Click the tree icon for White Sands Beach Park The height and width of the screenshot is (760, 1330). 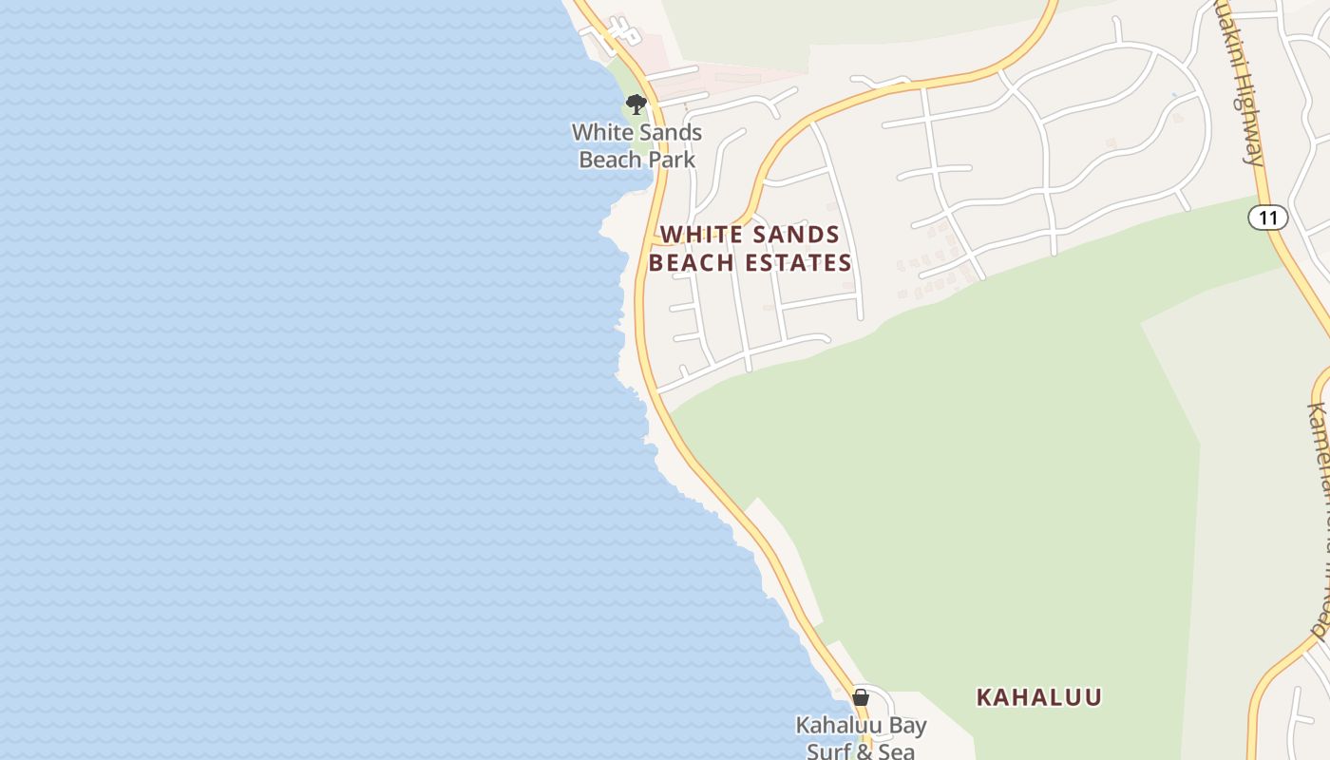tap(636, 104)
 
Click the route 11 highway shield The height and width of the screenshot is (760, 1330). tap(1267, 218)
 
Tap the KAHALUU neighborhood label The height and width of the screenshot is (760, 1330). tap(1038, 697)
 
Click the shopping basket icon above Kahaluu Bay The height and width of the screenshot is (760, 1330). tap(861, 697)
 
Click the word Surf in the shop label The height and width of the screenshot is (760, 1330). tap(828, 751)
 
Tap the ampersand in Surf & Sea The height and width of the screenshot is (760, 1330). tap(864, 751)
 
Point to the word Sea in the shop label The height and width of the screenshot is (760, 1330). tap(895, 751)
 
